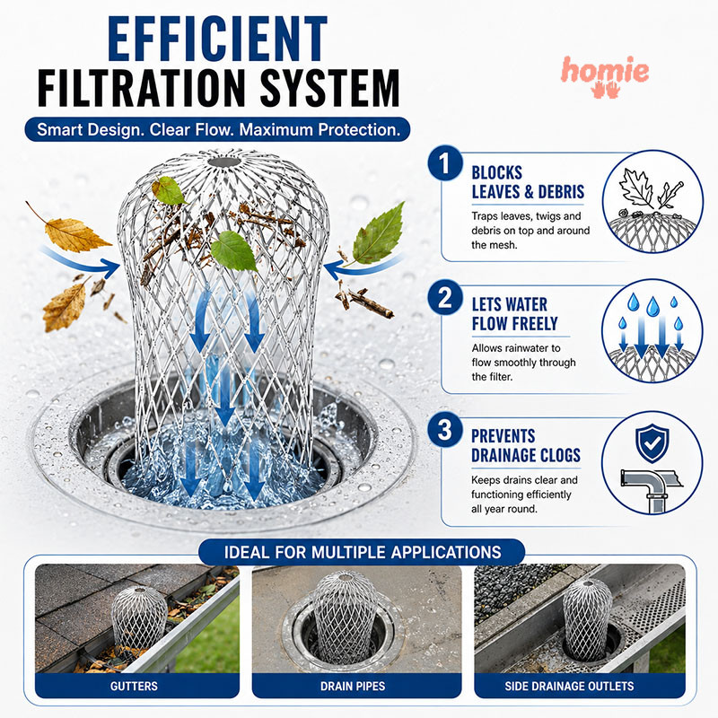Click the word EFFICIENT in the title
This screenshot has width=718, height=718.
[217, 39]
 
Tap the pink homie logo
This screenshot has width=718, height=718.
[605, 76]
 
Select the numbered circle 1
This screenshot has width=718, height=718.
[444, 163]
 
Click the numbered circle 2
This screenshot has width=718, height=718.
[444, 298]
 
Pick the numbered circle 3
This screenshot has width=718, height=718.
[444, 430]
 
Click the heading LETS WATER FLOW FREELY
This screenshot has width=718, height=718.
[514, 313]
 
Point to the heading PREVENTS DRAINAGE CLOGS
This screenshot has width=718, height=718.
[526, 445]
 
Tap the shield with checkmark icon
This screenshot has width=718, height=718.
[652, 443]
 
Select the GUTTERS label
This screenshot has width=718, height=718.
[134, 686]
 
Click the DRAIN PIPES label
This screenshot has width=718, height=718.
[353, 686]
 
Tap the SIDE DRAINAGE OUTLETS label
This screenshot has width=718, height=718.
[569, 686]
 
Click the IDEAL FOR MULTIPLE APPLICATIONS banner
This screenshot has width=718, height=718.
[363, 552]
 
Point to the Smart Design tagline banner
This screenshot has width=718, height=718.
[217, 129]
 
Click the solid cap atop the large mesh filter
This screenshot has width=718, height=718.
[223, 162]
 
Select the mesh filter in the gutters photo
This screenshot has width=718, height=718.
[139, 617]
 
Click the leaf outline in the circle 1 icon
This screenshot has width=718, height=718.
[636, 188]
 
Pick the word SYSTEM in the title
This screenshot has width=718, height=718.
[329, 87]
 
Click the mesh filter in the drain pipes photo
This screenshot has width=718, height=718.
[346, 614]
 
